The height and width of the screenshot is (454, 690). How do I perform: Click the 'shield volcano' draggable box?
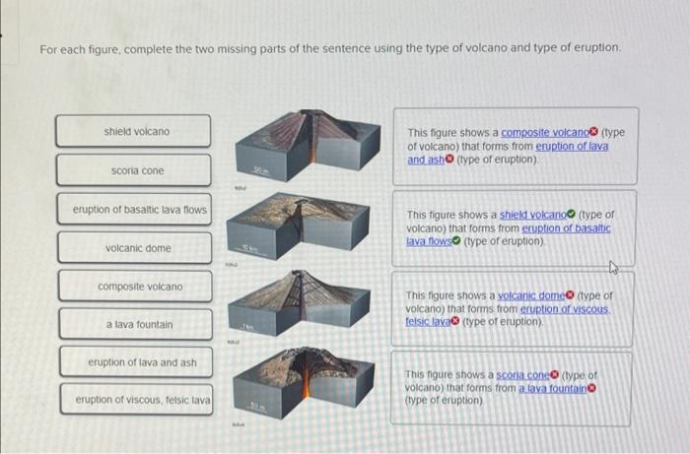(x=133, y=132)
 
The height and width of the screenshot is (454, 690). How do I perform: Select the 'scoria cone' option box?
(x=133, y=170)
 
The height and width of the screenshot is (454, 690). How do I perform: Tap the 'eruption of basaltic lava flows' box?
(x=133, y=209)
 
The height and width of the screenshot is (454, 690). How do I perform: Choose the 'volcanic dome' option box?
(x=133, y=247)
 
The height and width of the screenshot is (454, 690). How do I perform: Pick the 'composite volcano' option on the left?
(x=133, y=287)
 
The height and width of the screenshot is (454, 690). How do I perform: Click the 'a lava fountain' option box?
(x=133, y=324)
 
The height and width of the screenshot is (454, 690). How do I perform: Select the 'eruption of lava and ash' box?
(x=133, y=362)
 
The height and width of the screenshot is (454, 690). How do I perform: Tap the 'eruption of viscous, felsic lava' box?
(x=133, y=400)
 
